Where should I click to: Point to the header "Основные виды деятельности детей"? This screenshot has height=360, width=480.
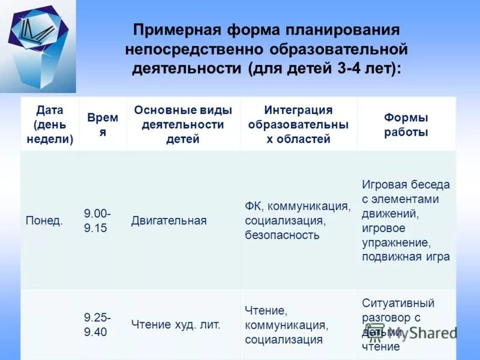pos(183,125)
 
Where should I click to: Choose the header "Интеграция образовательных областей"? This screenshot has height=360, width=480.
pos(298,125)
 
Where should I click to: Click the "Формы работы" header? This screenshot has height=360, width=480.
pos(406,125)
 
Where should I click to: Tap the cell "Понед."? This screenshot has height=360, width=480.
pos(44,221)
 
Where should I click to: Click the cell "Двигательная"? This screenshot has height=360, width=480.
pos(169,221)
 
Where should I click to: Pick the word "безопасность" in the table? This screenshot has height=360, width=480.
pos(281,235)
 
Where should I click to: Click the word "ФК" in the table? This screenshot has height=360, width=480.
pos(252,206)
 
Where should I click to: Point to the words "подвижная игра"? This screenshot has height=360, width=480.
pos(406,257)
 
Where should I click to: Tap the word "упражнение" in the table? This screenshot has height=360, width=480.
pos(396,242)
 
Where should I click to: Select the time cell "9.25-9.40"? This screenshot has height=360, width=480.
pos(97,325)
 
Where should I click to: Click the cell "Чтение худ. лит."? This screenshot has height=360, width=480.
pos(176,325)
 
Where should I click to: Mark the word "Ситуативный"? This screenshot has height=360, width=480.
pos(398,303)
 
